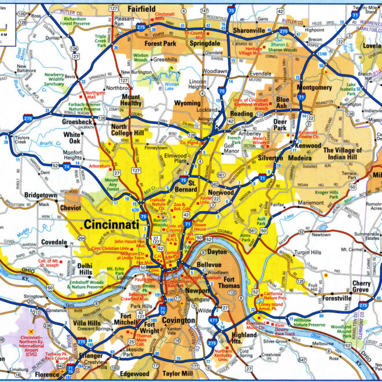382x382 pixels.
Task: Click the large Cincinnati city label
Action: click(111, 224)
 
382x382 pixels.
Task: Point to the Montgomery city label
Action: click(314, 87)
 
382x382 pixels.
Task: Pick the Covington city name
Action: click(178, 320)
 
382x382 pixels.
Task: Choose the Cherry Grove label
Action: click(362, 288)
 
